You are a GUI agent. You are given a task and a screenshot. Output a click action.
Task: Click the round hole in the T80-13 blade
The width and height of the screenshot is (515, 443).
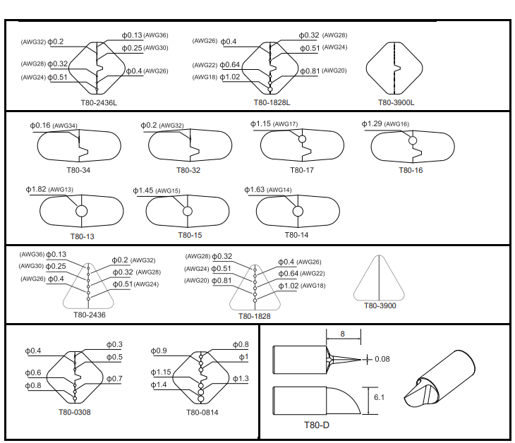pyautogui.click(x=81, y=211)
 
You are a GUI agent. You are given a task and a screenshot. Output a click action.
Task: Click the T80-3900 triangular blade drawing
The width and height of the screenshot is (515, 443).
pyautogui.click(x=381, y=278)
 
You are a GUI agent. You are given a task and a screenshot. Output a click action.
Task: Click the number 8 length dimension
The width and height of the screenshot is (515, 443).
pyautogui.click(x=342, y=334)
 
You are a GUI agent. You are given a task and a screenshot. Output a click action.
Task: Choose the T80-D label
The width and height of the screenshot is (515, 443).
pyautogui.click(x=317, y=425)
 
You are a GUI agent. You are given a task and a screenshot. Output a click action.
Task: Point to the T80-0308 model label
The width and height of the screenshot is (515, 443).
pyautogui.click(x=74, y=412)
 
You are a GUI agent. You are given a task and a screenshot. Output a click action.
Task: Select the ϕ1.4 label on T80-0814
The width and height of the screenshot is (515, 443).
pyautogui.click(x=159, y=384)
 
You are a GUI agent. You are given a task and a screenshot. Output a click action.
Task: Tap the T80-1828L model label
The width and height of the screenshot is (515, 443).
pyautogui.click(x=272, y=103)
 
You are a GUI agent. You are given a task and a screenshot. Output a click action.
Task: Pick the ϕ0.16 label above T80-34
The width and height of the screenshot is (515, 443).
pyautogui.click(x=40, y=126)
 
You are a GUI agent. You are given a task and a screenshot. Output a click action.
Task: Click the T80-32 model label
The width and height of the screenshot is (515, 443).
pyautogui.click(x=184, y=170)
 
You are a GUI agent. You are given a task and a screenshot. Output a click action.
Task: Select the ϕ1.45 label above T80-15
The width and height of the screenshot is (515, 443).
pyautogui.click(x=143, y=190)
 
